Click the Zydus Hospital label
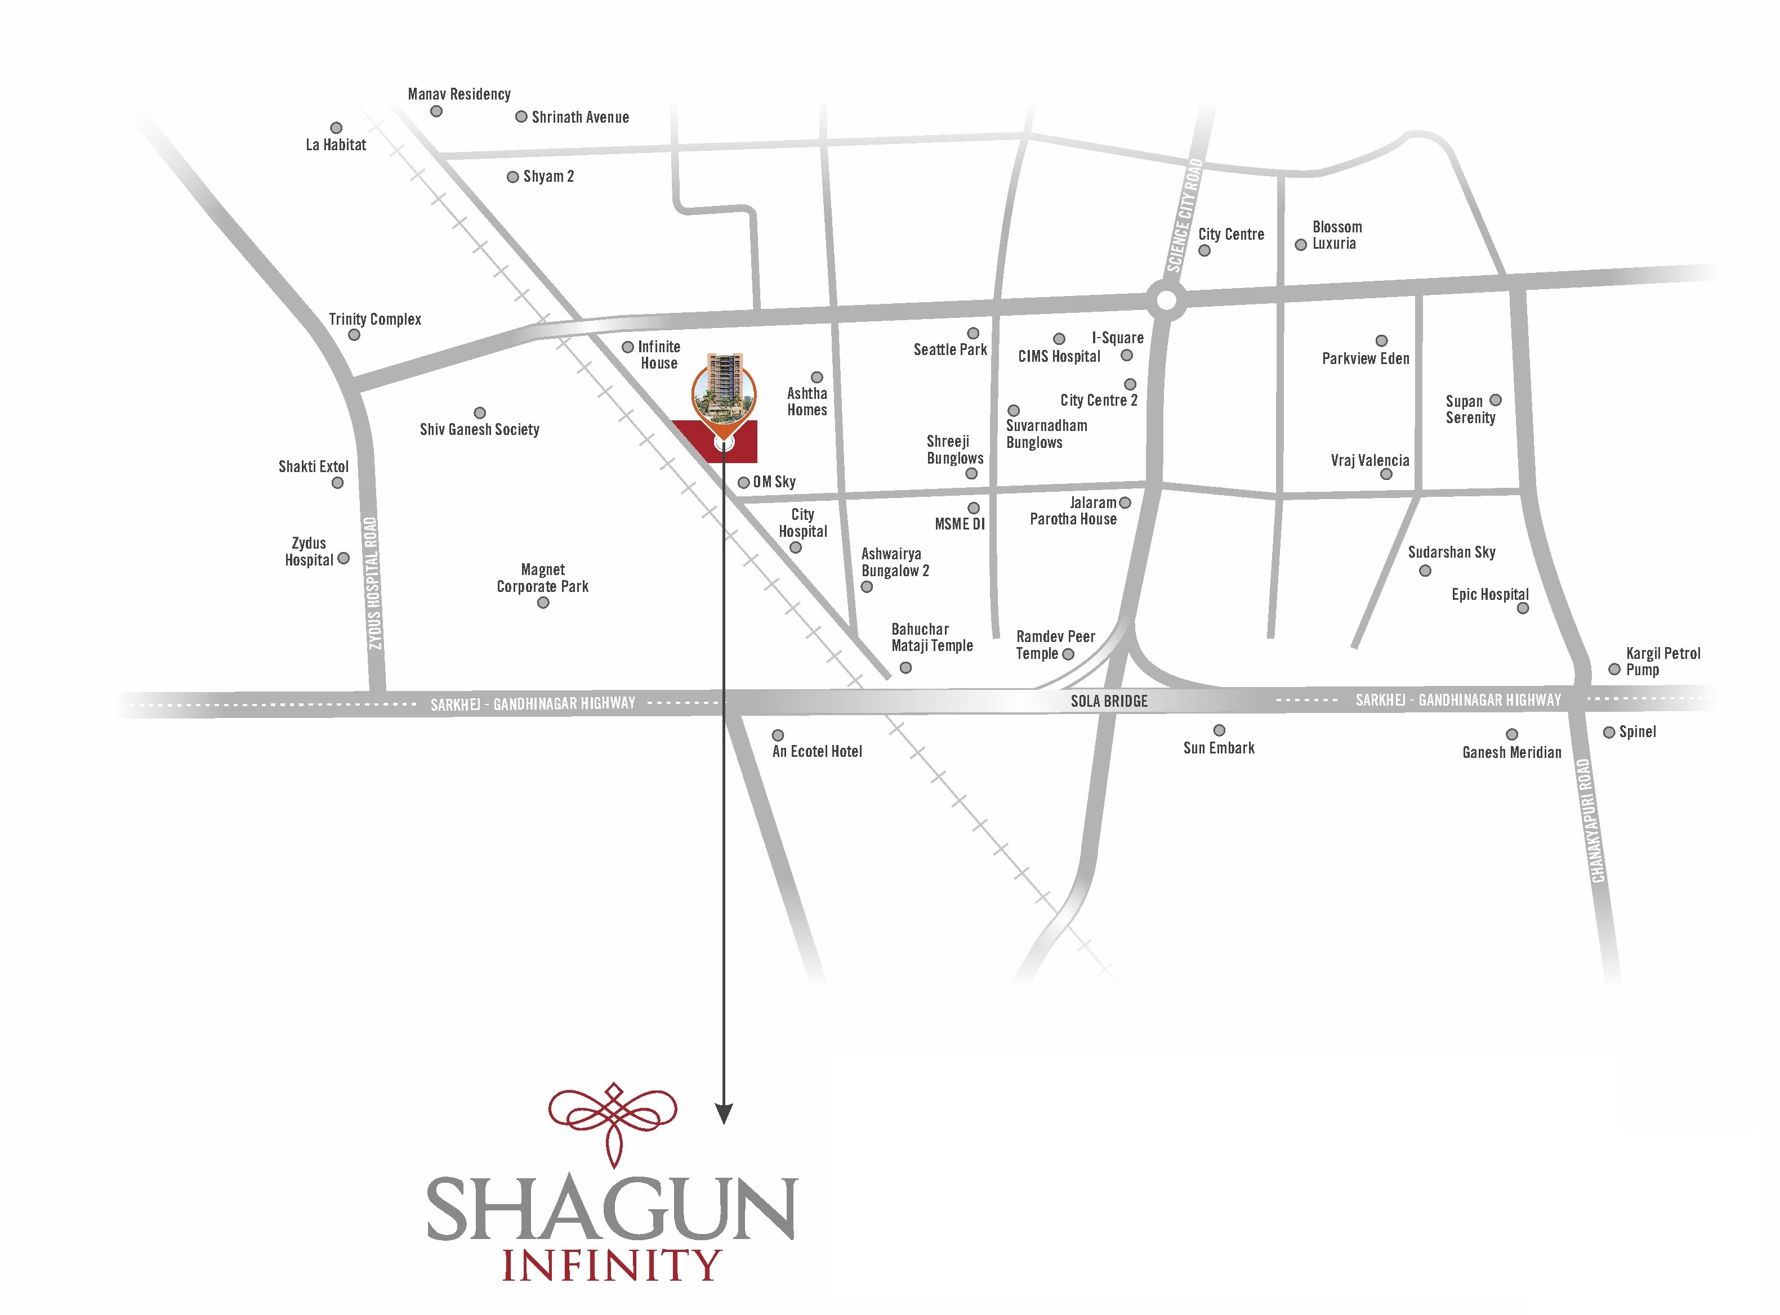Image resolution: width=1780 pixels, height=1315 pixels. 309,551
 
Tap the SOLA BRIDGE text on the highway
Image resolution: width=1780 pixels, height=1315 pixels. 1109,701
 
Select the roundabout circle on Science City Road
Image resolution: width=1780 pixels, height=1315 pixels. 1166,300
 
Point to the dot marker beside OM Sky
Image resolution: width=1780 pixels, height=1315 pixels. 743,482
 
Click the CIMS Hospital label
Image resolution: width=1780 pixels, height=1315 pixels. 1059,357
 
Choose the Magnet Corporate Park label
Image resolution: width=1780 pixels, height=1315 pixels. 542,578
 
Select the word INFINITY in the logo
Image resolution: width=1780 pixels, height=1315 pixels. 611,1265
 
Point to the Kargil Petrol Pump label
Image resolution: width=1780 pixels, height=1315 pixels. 1662,662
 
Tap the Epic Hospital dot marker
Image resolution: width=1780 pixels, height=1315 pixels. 1523,609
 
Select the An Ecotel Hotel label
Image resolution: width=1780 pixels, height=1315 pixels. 817,751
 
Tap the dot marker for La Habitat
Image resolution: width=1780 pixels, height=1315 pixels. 336,128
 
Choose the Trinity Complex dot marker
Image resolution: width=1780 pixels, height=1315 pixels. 354,335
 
